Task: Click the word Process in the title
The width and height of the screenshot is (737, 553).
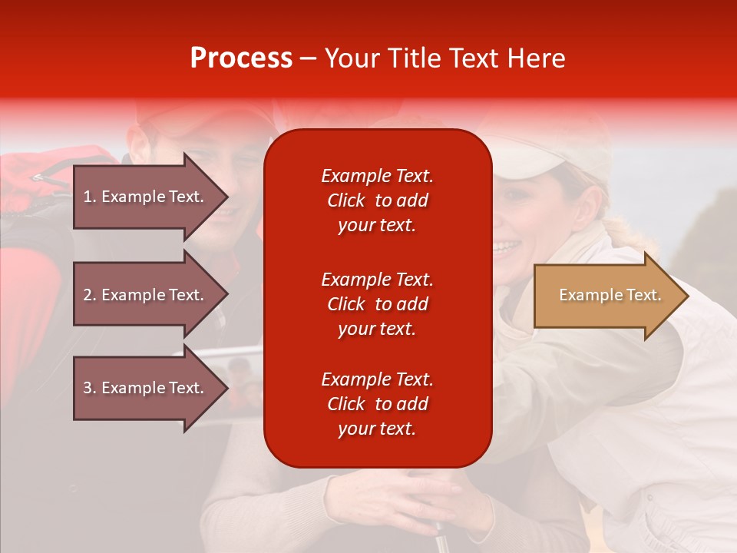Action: click(241, 58)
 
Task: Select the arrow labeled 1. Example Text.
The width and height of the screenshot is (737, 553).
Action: click(146, 197)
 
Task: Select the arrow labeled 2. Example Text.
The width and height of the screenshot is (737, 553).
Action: click(146, 295)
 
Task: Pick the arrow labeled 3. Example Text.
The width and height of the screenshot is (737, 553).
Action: click(146, 388)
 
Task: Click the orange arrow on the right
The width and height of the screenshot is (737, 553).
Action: click(606, 296)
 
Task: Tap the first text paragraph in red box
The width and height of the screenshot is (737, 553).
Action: click(377, 200)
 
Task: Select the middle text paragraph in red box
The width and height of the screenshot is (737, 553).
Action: click(377, 304)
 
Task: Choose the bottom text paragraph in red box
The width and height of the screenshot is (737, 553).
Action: click(377, 404)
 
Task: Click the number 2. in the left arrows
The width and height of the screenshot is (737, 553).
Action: click(90, 295)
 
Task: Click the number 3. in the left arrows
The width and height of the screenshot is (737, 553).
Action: click(90, 388)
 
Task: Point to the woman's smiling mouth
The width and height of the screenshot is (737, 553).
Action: click(507, 247)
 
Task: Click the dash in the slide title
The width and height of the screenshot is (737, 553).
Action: click(308, 58)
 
